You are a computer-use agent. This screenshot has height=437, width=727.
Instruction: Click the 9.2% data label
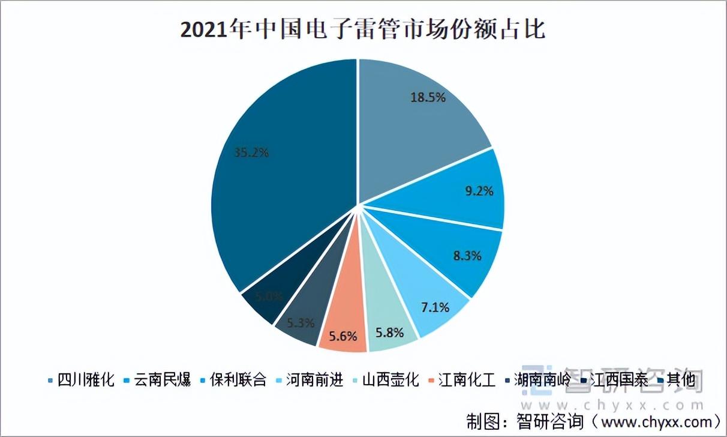(479, 192)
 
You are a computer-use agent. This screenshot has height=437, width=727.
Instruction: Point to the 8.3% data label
(467, 256)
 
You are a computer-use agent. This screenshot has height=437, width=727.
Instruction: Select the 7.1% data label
(435, 308)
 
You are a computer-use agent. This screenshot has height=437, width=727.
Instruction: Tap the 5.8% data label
(389, 332)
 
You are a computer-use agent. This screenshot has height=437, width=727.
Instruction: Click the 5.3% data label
(301, 322)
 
